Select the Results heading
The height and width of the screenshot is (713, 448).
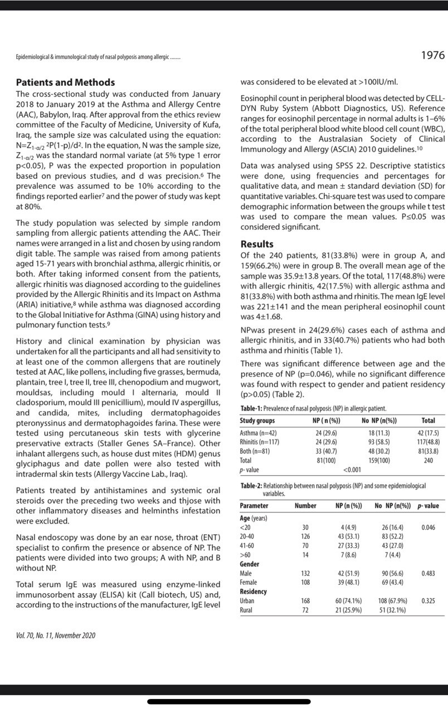point(257,244)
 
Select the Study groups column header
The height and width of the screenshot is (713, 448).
point(257,421)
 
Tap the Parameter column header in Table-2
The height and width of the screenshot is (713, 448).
point(254,506)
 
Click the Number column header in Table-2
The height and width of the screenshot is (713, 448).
point(305,506)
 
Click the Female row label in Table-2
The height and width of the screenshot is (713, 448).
point(249,582)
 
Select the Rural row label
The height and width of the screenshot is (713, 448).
point(247,611)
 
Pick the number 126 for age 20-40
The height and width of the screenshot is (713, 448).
point(305,536)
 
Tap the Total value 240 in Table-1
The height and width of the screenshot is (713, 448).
point(428,461)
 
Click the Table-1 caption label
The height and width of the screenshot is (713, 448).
point(252,408)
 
